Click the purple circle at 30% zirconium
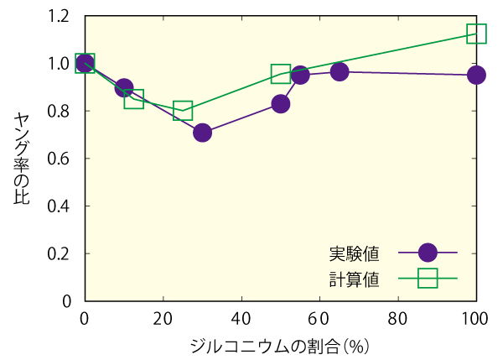pos(202,133)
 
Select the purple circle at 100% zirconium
pos(476,76)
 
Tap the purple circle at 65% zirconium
pos(340,72)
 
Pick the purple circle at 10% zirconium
pos(124,88)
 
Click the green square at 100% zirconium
pos(476,34)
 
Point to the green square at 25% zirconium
pos(183,110)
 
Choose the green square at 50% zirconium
pos(281,74)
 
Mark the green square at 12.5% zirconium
pos(133,99)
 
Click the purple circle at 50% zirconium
pos(281,104)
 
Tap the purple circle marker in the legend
pos(428,253)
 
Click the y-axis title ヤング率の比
pos(22,158)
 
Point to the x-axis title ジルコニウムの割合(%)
pos(280,345)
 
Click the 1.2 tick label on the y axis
pos(60,16)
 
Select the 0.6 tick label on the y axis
pos(60,159)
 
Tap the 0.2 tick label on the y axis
pos(60,253)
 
